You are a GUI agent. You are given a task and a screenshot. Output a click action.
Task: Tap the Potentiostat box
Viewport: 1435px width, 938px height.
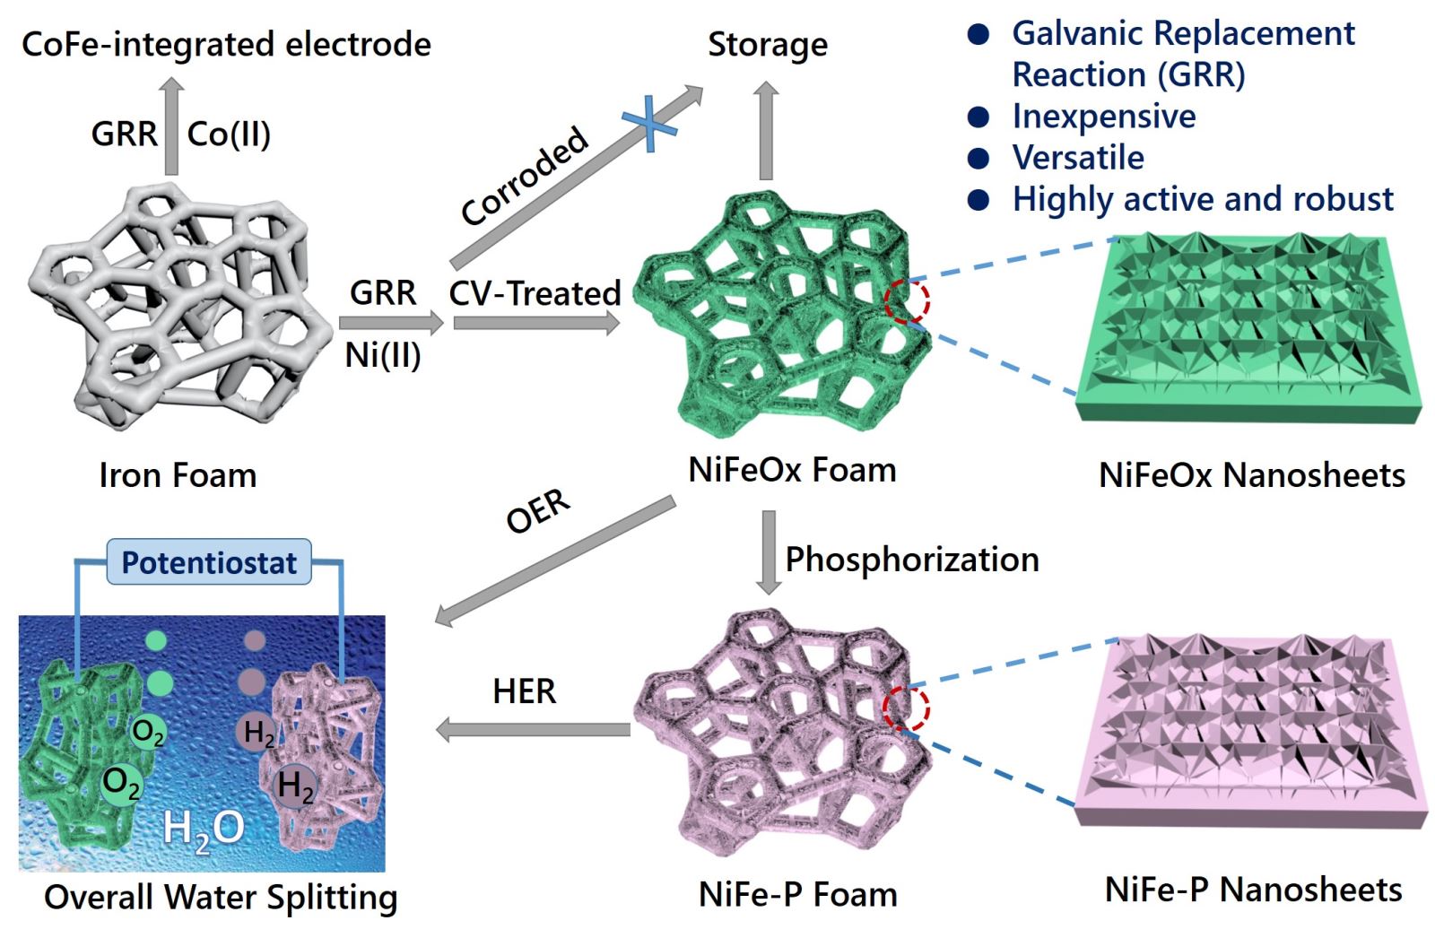[x=209, y=562]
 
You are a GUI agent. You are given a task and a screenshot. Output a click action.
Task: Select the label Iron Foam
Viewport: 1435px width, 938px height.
[x=178, y=475]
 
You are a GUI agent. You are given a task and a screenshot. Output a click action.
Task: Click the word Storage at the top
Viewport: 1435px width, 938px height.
[x=768, y=44]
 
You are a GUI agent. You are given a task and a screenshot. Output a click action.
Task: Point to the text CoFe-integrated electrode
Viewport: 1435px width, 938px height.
[x=226, y=44]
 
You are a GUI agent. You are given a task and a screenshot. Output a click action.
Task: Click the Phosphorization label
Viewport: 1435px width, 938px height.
[x=912, y=560]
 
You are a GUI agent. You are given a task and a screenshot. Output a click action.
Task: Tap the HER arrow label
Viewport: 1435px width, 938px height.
[x=525, y=691]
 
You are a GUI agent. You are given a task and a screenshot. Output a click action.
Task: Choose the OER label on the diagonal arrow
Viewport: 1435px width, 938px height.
[x=538, y=511]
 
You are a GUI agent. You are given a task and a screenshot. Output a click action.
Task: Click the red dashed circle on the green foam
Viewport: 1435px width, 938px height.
[x=907, y=301]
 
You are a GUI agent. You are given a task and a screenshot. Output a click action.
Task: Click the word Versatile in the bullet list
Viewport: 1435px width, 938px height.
[x=1078, y=158]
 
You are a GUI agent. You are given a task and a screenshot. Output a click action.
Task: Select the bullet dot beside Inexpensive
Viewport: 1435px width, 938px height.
[x=978, y=117]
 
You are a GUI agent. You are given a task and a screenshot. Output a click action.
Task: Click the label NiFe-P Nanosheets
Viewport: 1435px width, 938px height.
[x=1253, y=890]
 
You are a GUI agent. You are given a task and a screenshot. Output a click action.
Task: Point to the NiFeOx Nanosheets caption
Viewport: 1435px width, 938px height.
[x=1252, y=475]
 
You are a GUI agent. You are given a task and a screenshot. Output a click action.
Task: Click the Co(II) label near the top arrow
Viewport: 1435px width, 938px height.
[x=229, y=135]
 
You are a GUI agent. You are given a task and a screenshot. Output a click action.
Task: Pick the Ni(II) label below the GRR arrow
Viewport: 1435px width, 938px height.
[x=383, y=356]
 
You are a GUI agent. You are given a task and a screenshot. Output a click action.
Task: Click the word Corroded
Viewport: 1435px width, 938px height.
[x=525, y=177]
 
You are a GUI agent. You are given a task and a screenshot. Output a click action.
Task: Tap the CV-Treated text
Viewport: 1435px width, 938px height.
[x=535, y=293]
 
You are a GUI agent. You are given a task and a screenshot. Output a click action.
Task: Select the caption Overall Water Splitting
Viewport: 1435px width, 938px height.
[x=221, y=897]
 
